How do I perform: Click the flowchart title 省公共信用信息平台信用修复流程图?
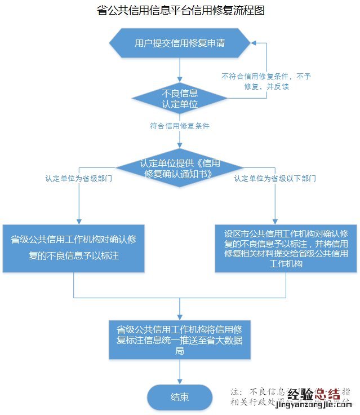[x=180, y=11]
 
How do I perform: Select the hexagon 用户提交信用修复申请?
[x=180, y=43]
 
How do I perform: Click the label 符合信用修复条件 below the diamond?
[x=180, y=126]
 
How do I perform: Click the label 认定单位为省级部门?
[x=79, y=178]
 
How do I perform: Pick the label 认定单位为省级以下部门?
[x=275, y=178]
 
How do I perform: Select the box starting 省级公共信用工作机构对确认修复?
[x=74, y=248]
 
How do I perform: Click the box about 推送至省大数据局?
[x=180, y=339]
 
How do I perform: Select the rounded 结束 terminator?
[x=180, y=397]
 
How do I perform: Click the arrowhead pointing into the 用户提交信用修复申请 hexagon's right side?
[x=254, y=43]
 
